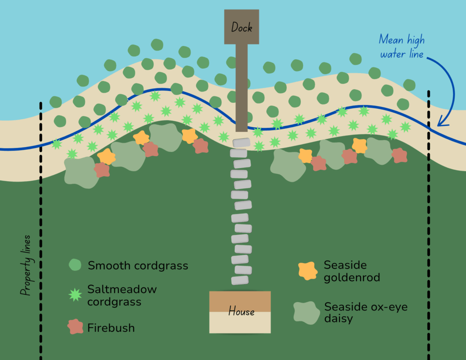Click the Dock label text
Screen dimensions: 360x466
[x=242, y=27]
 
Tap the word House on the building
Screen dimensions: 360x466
[x=241, y=312]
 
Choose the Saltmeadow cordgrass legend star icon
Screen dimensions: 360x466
[x=75, y=295]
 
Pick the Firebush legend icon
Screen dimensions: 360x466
[x=75, y=327]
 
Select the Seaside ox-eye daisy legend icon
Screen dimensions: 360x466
[x=306, y=313]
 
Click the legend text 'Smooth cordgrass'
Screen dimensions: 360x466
[x=138, y=266]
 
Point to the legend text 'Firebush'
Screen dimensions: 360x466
[x=111, y=328]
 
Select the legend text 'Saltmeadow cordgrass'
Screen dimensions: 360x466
[x=122, y=295]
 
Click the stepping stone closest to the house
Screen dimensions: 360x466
[x=240, y=280]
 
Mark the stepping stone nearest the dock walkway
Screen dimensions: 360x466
[x=242, y=142]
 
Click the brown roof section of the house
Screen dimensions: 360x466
[x=240, y=300]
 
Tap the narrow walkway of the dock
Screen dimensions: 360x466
[x=242, y=86]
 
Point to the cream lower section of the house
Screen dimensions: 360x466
[x=240, y=325]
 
